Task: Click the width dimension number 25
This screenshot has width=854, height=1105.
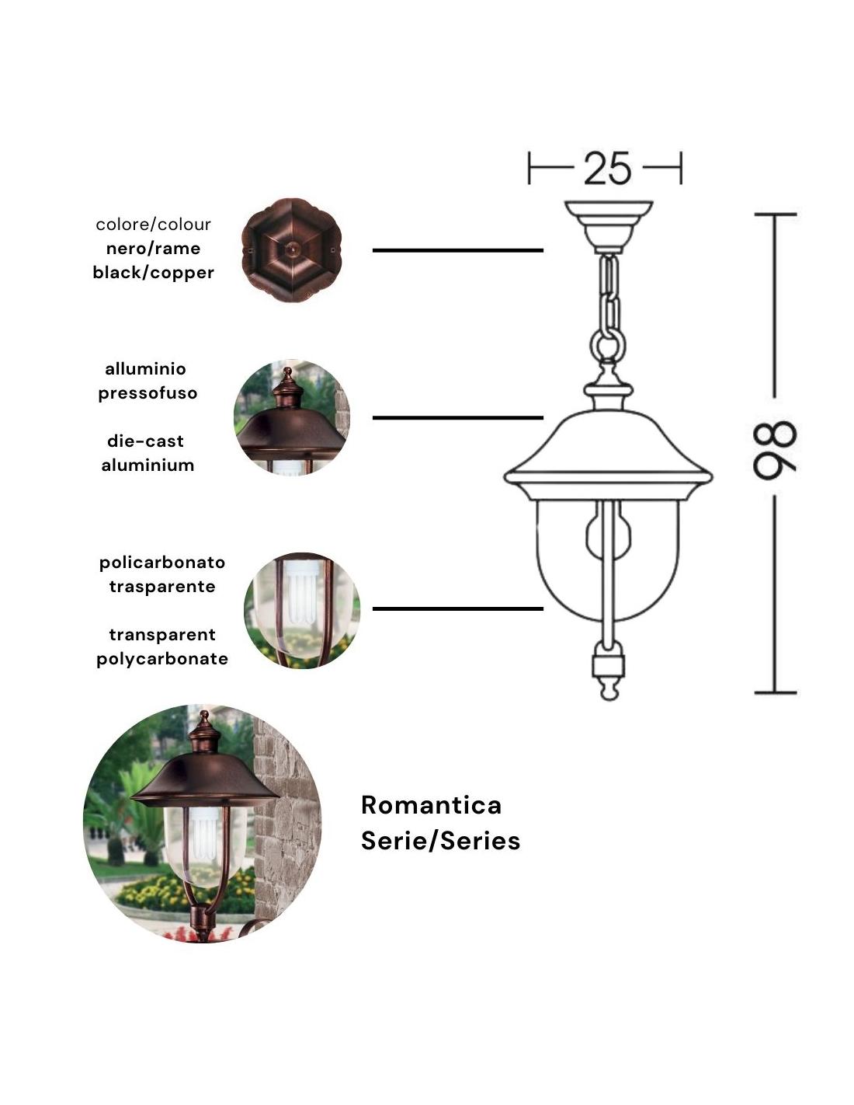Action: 607,168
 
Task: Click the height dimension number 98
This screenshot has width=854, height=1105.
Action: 775,450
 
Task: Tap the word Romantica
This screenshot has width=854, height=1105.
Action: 431,805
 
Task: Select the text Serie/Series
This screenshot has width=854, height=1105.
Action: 440,841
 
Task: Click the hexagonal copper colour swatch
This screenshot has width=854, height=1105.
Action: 292,249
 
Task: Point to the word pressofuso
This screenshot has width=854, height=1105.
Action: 148,393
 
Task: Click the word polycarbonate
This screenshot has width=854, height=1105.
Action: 162,659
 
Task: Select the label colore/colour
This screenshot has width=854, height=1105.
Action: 153,225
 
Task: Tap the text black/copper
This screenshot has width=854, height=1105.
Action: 153,273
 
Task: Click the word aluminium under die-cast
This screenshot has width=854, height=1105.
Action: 148,465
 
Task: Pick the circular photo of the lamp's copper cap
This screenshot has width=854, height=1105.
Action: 292,417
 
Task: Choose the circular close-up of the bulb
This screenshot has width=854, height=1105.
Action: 302,610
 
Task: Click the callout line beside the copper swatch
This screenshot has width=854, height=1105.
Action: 457,250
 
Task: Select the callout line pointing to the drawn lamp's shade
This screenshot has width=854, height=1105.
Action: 457,418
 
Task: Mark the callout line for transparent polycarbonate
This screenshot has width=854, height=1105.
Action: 457,608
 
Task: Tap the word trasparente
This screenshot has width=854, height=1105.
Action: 162,587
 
